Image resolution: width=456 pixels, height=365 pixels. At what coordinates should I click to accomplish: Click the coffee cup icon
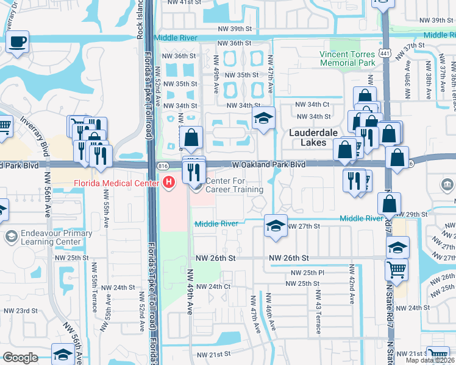click(18, 43)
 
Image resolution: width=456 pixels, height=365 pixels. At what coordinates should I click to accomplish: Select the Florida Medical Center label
click(116, 184)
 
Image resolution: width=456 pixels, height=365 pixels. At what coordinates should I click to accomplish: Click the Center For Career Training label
click(234, 185)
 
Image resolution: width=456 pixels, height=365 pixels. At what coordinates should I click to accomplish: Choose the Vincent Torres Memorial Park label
click(347, 58)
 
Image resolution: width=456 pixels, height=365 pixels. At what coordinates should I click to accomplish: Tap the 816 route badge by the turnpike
click(163, 165)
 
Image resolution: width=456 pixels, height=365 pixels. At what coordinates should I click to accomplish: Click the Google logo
click(20, 358)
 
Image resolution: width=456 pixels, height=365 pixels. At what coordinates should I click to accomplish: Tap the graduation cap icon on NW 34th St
click(263, 118)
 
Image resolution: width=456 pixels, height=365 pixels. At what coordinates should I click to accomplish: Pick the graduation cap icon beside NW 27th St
click(276, 226)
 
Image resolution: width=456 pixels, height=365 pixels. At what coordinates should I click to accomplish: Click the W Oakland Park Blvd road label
click(269, 164)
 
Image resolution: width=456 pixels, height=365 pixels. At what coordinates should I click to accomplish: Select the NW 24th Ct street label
click(213, 286)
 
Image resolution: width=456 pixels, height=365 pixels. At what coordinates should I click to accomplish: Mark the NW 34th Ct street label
click(313, 105)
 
